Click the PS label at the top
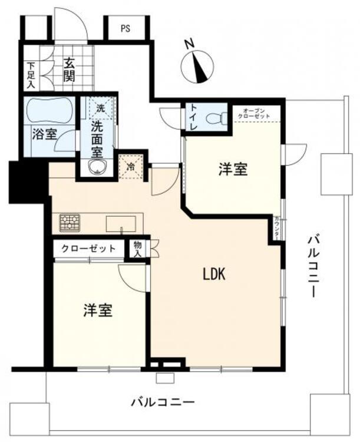coord(125,28)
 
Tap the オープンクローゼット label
coord(255,113)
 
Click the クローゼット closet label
coord(88,249)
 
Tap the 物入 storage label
coord(137,248)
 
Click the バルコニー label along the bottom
coord(162,403)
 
